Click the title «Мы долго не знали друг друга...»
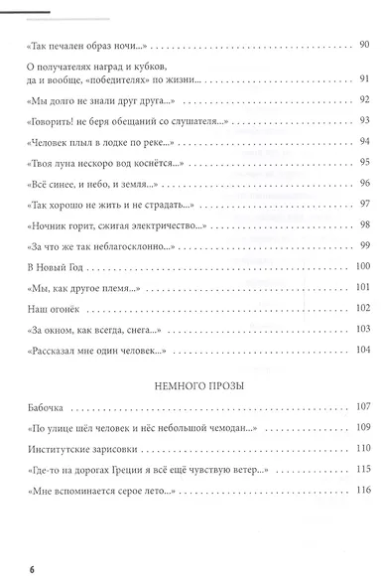pyautogui.click(x=95, y=98)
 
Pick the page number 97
pyautogui.click(x=362, y=204)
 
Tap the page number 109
pyautogui.click(x=360, y=427)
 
